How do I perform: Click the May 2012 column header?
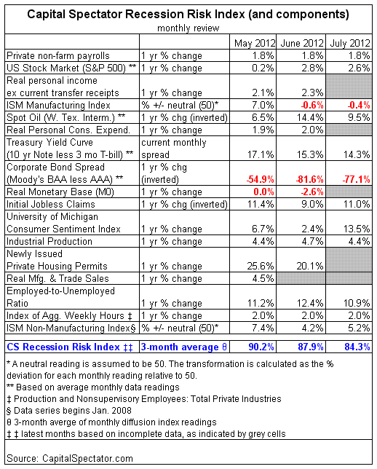(x=255, y=43)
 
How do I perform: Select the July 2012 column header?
(x=350, y=43)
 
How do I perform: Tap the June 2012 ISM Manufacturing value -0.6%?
(x=311, y=106)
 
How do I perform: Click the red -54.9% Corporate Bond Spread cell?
(x=260, y=179)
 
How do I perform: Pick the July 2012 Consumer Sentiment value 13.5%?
(x=357, y=229)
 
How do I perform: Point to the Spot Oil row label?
(x=66, y=117)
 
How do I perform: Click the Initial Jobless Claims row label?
(x=51, y=205)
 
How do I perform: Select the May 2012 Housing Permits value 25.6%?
(x=261, y=267)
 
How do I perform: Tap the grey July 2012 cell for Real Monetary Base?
(x=349, y=192)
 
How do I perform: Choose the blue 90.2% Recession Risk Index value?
(x=261, y=347)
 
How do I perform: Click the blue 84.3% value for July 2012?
(x=357, y=347)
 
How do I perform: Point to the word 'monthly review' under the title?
(x=188, y=28)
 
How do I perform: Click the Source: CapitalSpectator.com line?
(x=70, y=459)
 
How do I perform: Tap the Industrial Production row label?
(x=49, y=241)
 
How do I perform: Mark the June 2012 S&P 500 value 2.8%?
(x=312, y=68)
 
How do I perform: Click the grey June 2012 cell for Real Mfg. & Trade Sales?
(x=301, y=278)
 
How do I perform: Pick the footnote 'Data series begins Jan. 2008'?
(x=69, y=411)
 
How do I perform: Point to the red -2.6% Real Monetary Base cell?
(x=311, y=192)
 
